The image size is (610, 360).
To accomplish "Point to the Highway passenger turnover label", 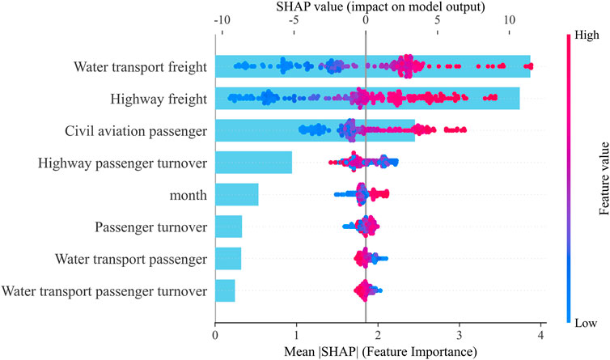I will click(x=122, y=163).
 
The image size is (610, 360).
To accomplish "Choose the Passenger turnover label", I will click(x=150, y=227).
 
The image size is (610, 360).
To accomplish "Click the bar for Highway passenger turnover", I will click(x=253, y=163).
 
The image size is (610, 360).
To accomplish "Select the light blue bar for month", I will click(x=236, y=195).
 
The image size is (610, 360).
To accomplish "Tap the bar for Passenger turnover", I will click(x=228, y=227).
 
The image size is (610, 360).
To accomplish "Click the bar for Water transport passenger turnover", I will click(x=225, y=290).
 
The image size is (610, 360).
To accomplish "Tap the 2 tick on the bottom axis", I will click(x=378, y=333).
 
